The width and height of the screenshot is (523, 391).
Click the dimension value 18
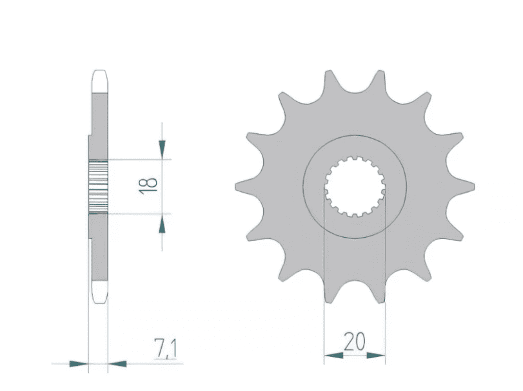pos(148,186)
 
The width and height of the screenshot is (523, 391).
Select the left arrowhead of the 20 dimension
pos(332,354)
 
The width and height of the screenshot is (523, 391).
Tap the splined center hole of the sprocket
pos(355,186)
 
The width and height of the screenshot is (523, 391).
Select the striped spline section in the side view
pos(98,186)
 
